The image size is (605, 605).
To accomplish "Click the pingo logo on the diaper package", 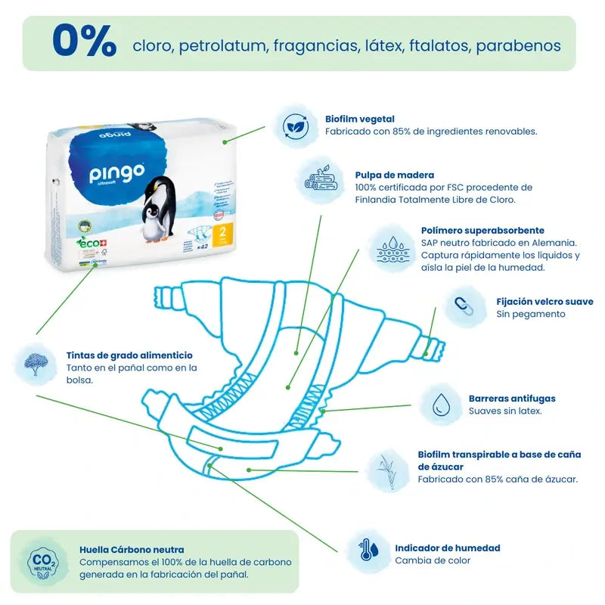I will tap(116, 173).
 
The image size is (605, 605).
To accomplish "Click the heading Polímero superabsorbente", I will tap(482, 231).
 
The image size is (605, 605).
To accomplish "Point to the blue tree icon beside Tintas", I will tap(36, 361).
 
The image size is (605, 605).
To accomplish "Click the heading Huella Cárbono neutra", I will tap(132, 550).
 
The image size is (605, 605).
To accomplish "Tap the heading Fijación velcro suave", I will tap(544, 302).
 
